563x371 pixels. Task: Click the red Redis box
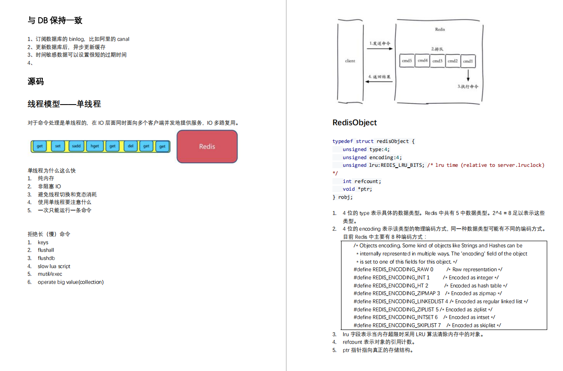[x=207, y=147]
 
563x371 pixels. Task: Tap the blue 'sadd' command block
[x=76, y=146]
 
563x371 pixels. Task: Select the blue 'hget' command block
[x=95, y=146]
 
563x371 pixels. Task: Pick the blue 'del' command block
[x=130, y=146]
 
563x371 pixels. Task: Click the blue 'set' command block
[x=58, y=146]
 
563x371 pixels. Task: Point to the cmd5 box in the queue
[x=407, y=61]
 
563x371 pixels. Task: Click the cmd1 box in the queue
[x=468, y=61]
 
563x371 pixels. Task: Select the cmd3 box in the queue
[x=437, y=61]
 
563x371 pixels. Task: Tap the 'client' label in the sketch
[x=350, y=61]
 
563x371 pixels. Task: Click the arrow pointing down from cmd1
[x=468, y=75]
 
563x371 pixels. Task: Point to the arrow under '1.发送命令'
[x=379, y=49]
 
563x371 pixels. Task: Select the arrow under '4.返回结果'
[x=379, y=82]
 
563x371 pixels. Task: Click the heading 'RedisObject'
[x=355, y=123]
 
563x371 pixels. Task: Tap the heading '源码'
[x=36, y=82]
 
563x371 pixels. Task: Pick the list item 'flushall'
[x=46, y=250]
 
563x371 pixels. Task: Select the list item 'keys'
[x=43, y=243]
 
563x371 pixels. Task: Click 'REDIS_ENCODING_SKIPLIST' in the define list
[x=405, y=325]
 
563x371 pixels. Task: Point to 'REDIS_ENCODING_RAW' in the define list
[x=401, y=270]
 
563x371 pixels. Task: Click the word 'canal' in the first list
[x=123, y=39]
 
